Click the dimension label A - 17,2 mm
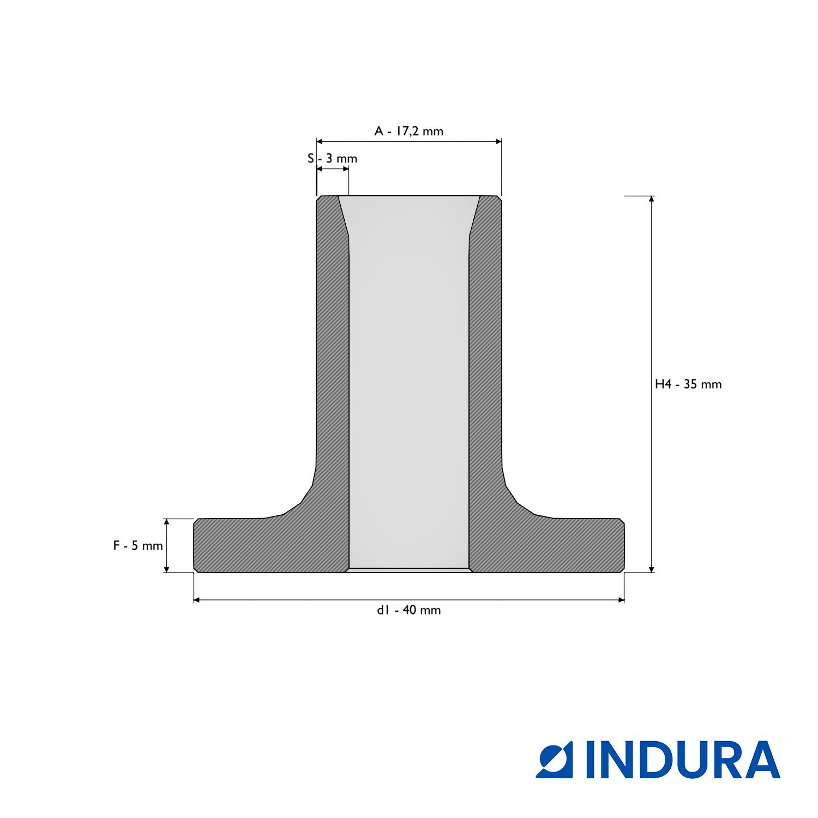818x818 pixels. point(408,131)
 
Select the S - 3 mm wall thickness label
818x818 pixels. point(332,159)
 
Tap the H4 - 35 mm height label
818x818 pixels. point(688,384)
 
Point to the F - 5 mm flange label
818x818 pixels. point(138,545)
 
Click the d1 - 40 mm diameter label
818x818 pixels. point(408,610)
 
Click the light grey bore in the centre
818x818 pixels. point(408,382)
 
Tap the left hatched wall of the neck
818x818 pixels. point(333,354)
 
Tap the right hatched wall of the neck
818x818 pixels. point(485,354)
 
